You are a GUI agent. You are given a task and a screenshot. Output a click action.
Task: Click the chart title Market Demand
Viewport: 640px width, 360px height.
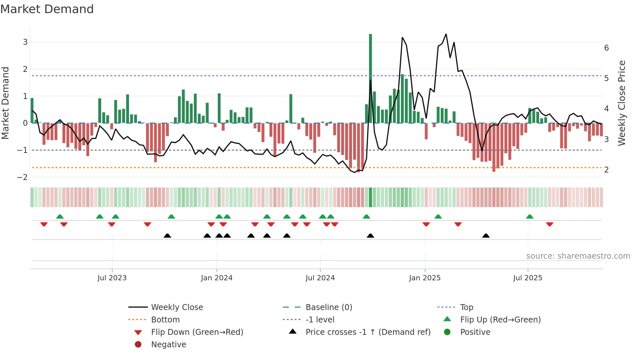tap(47, 9)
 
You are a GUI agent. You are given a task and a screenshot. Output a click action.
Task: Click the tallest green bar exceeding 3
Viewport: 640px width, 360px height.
tap(370, 78)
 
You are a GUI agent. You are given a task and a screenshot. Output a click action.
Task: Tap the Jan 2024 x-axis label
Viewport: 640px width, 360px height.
tap(216, 278)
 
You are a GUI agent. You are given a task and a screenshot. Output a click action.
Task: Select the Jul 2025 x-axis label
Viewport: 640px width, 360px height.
tap(527, 278)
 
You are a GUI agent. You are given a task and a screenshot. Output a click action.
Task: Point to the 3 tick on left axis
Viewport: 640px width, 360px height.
tap(25, 42)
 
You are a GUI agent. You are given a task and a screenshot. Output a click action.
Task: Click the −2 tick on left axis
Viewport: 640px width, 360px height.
tap(23, 177)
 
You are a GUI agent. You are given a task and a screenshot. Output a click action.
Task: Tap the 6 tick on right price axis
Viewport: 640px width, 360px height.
tap(606, 48)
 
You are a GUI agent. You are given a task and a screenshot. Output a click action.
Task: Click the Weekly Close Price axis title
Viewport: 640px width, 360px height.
tap(622, 103)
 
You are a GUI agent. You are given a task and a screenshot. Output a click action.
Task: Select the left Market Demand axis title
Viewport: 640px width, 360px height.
tap(6, 103)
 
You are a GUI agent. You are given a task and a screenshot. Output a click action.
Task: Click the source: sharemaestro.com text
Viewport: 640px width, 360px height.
tap(578, 256)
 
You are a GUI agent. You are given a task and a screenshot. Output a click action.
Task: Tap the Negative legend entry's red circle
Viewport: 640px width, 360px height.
tap(138, 345)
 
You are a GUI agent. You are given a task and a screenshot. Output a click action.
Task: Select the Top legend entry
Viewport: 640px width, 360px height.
tap(466, 307)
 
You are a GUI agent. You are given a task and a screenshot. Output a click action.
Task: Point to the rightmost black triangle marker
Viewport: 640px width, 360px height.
tap(486, 236)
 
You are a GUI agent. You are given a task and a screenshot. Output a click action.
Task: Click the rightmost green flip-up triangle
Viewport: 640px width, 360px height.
tap(530, 217)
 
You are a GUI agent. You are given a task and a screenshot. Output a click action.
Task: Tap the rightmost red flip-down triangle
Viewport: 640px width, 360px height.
tap(550, 224)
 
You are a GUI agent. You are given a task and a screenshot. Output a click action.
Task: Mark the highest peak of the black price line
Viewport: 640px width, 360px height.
tap(446, 34)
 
